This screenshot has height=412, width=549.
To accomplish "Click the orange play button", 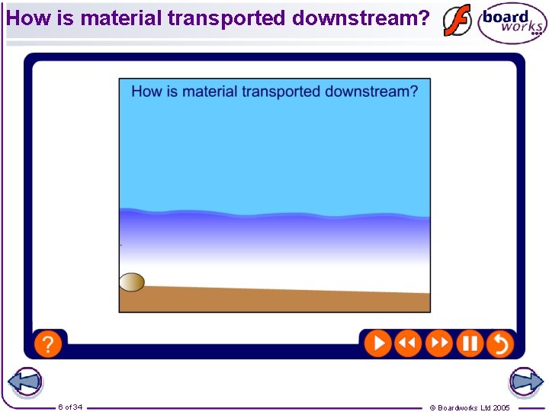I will (x=377, y=343).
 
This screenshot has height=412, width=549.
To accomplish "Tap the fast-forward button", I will (x=439, y=343).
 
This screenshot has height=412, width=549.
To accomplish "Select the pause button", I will (x=470, y=343).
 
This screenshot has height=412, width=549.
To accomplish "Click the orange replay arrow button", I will (x=499, y=343).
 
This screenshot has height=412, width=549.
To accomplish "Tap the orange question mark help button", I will (x=47, y=343).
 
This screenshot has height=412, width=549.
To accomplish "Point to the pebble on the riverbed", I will (x=132, y=282).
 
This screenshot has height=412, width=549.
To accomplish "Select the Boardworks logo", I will (x=512, y=23).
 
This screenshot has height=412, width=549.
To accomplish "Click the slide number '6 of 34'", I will (x=70, y=407).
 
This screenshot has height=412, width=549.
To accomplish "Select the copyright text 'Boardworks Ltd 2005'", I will (x=474, y=407).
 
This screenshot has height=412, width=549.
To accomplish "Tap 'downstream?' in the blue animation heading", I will (x=371, y=92).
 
